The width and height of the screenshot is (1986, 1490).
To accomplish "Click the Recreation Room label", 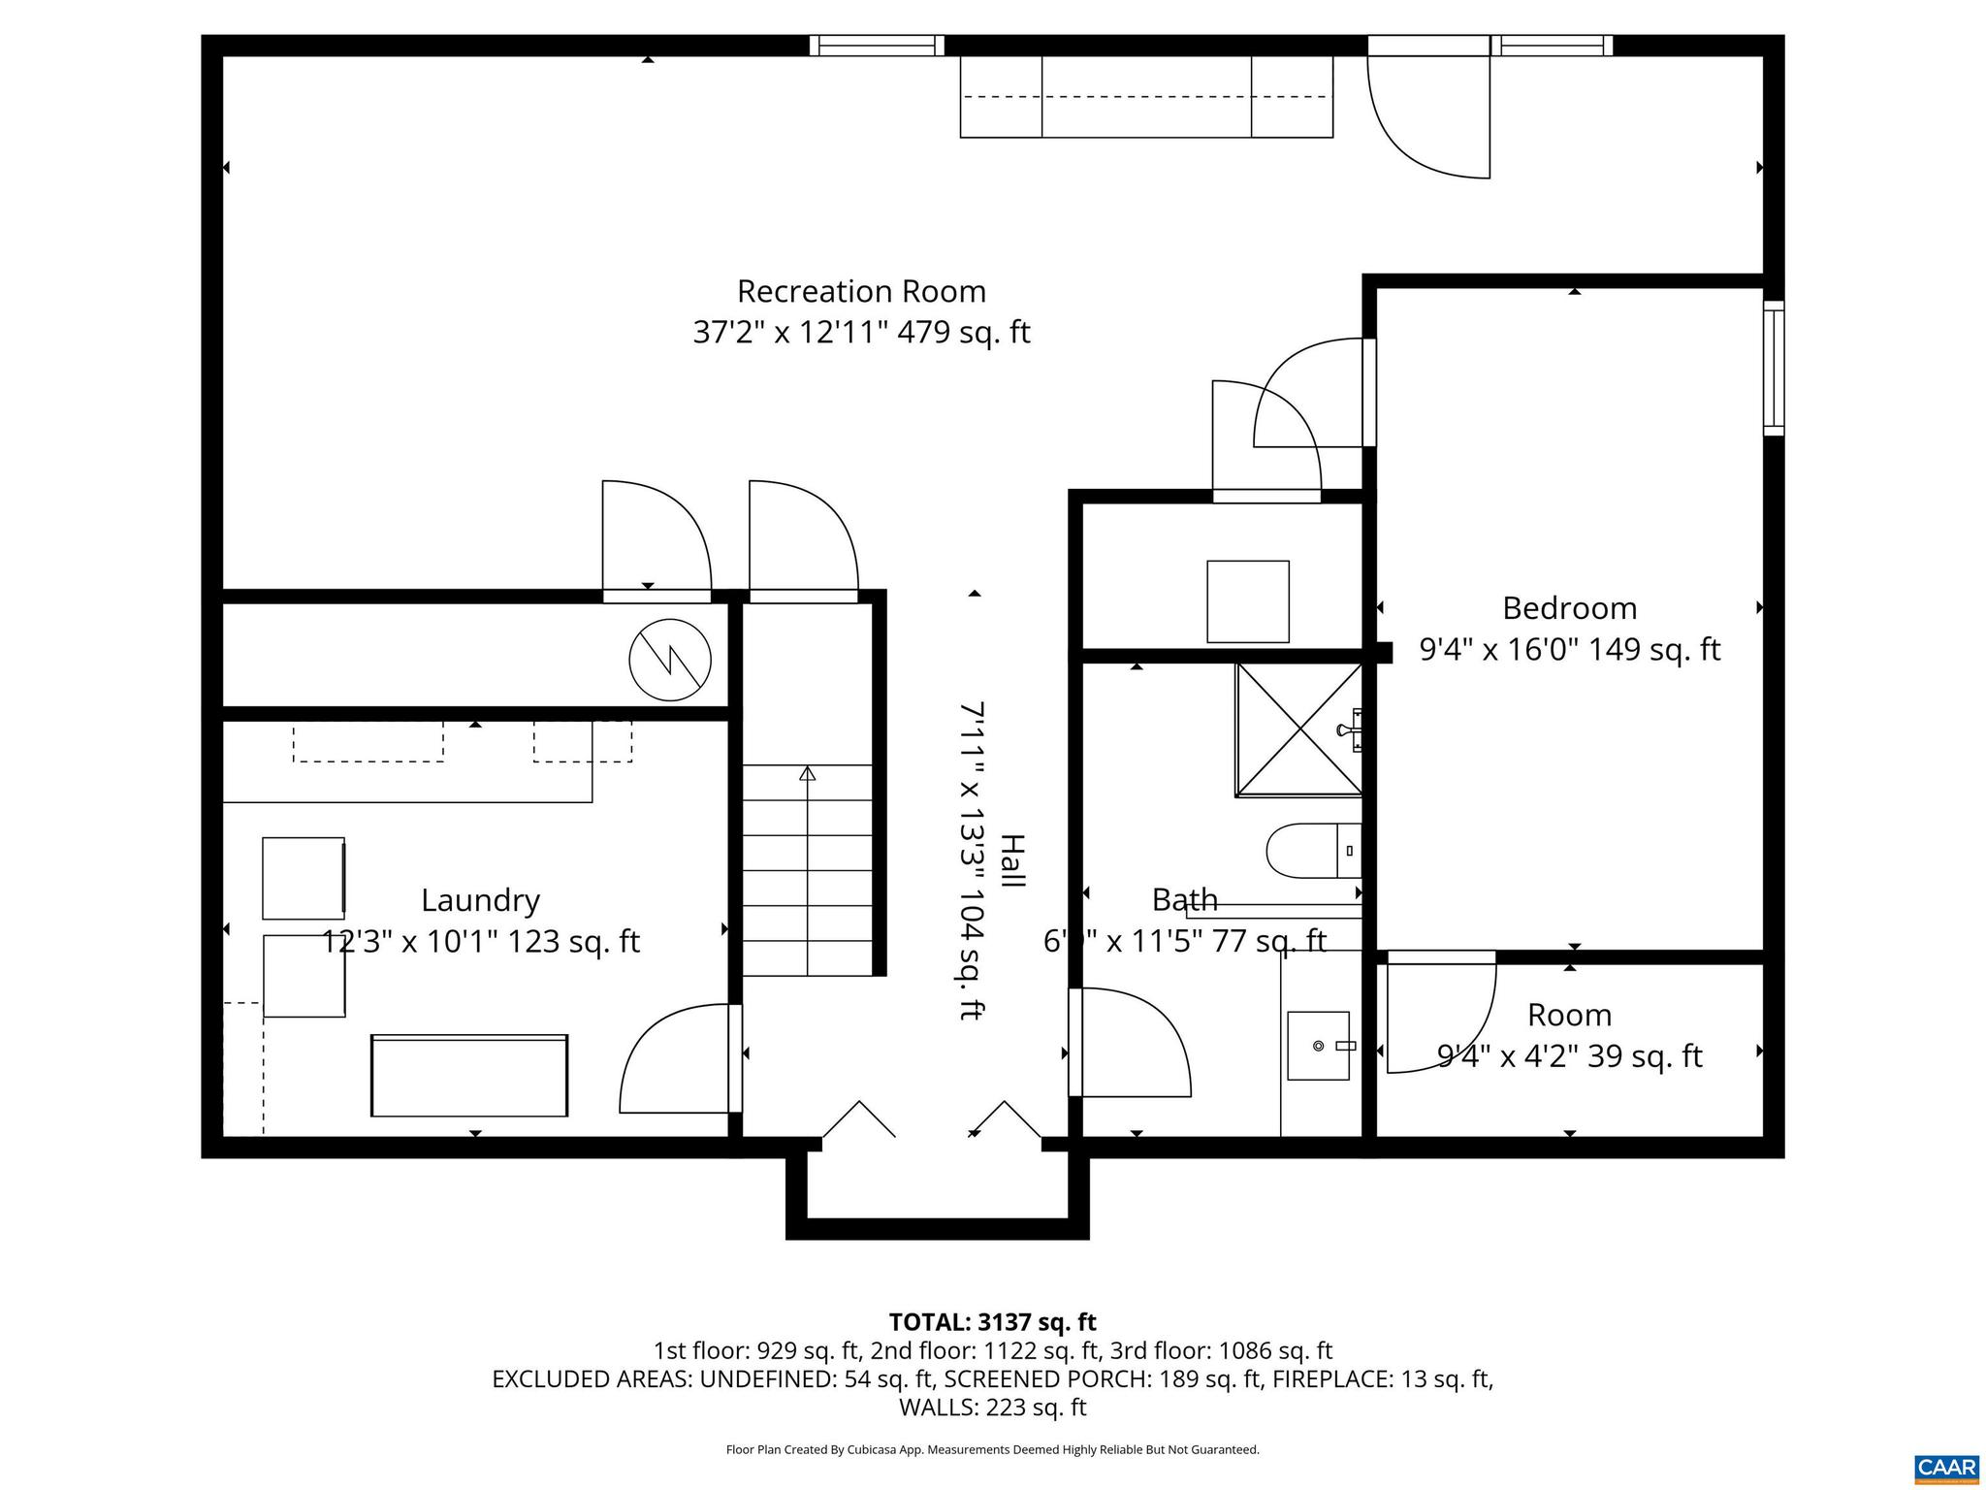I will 861,291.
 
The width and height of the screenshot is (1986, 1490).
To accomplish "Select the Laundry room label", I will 480,900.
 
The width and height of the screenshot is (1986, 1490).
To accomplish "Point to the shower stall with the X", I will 1297,729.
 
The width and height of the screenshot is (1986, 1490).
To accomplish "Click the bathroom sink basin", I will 1318,1046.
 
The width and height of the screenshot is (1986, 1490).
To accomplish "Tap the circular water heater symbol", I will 670,660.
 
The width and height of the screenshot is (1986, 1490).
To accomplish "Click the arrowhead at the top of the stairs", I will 807,773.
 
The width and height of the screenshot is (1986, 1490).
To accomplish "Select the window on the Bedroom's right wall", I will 1773,368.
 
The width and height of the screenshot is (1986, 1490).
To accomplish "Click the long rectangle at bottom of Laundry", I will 469,1075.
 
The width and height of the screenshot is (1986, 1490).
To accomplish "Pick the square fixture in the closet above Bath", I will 1247,601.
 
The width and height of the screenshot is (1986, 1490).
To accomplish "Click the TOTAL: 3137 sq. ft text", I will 992,1322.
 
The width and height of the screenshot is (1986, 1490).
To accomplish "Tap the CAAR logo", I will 1947,1467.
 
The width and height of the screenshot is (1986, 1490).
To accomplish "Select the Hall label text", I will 1011,860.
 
